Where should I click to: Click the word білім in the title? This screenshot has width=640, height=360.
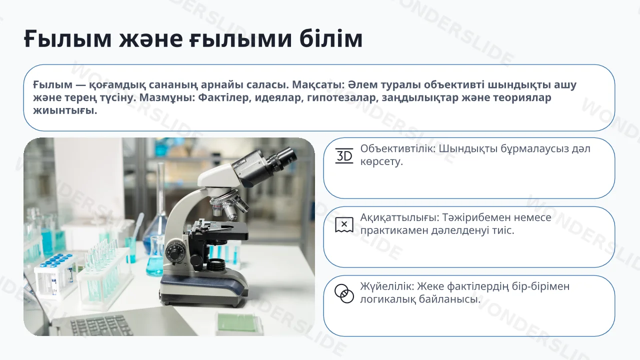point(331,38)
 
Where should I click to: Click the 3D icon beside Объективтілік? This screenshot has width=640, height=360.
point(344,155)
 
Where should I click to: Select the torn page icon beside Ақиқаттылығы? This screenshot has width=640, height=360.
point(344,224)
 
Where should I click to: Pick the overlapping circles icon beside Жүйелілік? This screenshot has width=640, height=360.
point(344,293)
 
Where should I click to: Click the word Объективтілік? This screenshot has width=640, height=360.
point(397,148)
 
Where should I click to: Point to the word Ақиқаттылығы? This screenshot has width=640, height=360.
point(399,217)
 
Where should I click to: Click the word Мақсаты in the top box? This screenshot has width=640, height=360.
point(315,84)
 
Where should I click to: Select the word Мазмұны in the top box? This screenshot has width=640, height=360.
point(167,97)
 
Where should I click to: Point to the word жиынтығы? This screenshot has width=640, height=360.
point(65,110)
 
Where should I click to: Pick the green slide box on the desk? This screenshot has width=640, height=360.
point(239,323)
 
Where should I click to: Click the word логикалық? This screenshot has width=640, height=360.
point(387,299)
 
